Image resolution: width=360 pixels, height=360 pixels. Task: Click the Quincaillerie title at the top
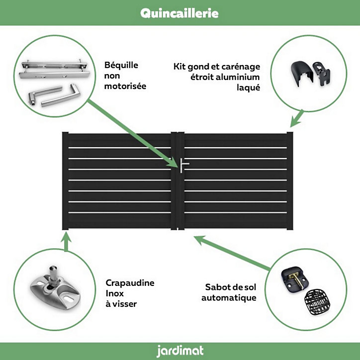tap(180, 13)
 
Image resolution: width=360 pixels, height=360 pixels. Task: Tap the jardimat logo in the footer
tap(180, 351)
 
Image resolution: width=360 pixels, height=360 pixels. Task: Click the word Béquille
tap(121, 66)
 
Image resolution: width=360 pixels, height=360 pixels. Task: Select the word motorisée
tap(125, 86)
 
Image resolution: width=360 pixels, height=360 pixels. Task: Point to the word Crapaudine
tap(130, 283)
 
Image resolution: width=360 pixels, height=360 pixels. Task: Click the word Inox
tap(114, 293)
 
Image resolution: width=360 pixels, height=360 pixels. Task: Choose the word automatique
tap(229, 298)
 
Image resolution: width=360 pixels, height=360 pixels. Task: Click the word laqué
tap(249, 88)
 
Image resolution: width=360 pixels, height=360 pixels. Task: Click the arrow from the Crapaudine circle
tap(66, 242)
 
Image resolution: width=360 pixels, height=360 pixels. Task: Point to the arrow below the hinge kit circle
tap(297, 118)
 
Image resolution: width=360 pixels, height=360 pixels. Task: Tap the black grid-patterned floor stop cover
tap(317, 302)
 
